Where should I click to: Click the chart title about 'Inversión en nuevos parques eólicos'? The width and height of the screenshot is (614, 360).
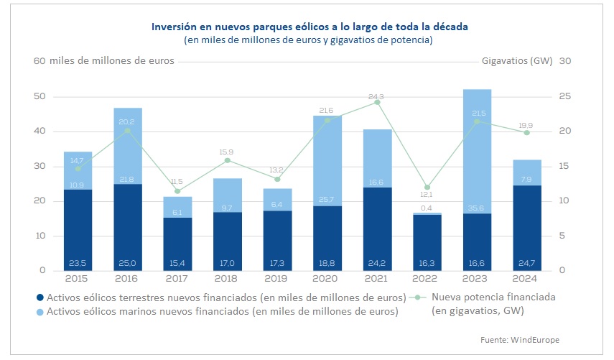coord(309,27)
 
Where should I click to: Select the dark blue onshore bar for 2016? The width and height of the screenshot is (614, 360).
coord(128,226)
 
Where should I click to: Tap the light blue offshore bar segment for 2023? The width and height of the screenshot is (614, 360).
coord(477,151)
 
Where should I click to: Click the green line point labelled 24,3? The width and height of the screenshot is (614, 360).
coord(377,102)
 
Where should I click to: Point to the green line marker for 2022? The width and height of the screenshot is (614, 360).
coord(427,187)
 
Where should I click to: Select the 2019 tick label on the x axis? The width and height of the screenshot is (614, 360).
coord(277,278)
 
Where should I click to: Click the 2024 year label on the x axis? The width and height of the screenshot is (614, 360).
coord(527,278)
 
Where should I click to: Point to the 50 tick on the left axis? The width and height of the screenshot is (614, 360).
coord(40,96)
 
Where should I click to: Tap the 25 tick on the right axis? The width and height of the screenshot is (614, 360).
coord(564,96)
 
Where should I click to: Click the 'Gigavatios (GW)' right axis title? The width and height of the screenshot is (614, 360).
coord(517,61)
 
